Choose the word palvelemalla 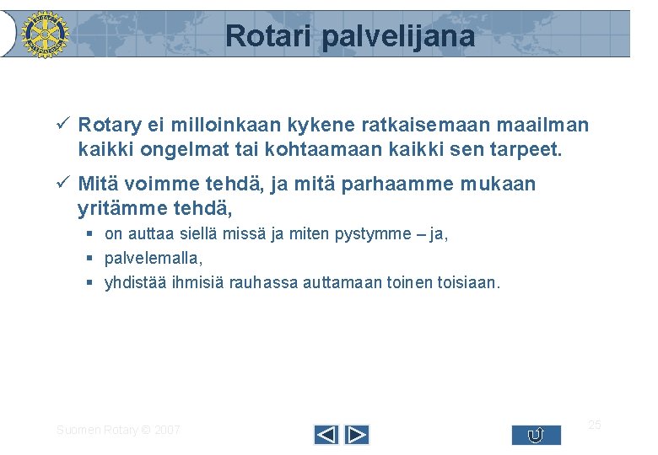(x=154, y=258)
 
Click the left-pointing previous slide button (x=326, y=435)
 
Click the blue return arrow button (x=536, y=435)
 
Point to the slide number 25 (x=594, y=424)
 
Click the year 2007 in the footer (x=166, y=431)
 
